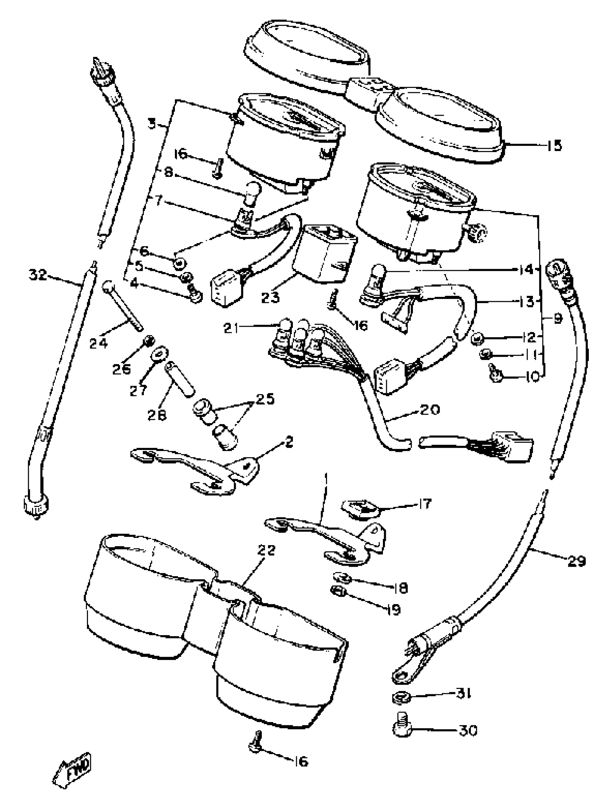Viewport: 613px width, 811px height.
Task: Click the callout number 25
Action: coord(265,398)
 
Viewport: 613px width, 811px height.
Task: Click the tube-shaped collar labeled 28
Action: coord(181,378)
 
